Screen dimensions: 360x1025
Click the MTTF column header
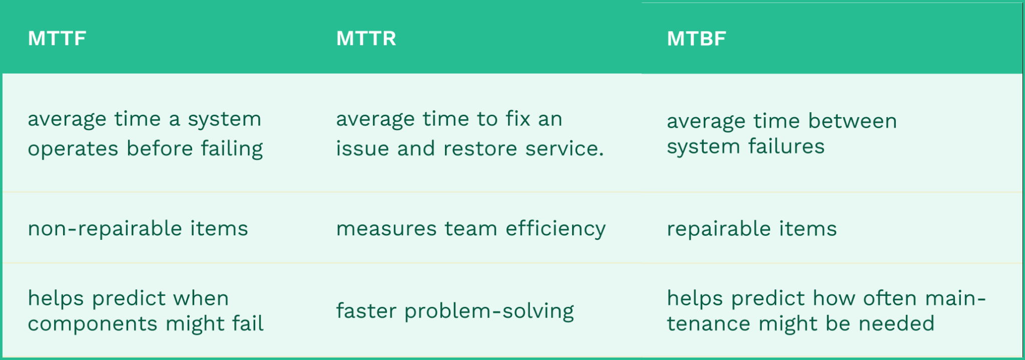click(57, 39)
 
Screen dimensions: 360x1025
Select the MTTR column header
click(366, 39)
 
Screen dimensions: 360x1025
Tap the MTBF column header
click(696, 39)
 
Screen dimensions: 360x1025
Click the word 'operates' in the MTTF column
click(73, 149)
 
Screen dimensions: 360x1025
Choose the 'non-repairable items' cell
click(138, 229)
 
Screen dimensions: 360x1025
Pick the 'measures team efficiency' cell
click(470, 229)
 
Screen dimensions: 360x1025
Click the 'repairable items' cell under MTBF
click(752, 229)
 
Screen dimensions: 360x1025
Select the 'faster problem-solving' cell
click(455, 311)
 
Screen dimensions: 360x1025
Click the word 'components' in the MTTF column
click(93, 324)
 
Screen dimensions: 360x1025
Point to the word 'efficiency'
click(556, 229)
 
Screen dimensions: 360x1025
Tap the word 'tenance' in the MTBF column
click(709, 324)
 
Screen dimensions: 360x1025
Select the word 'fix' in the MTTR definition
click(518, 119)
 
